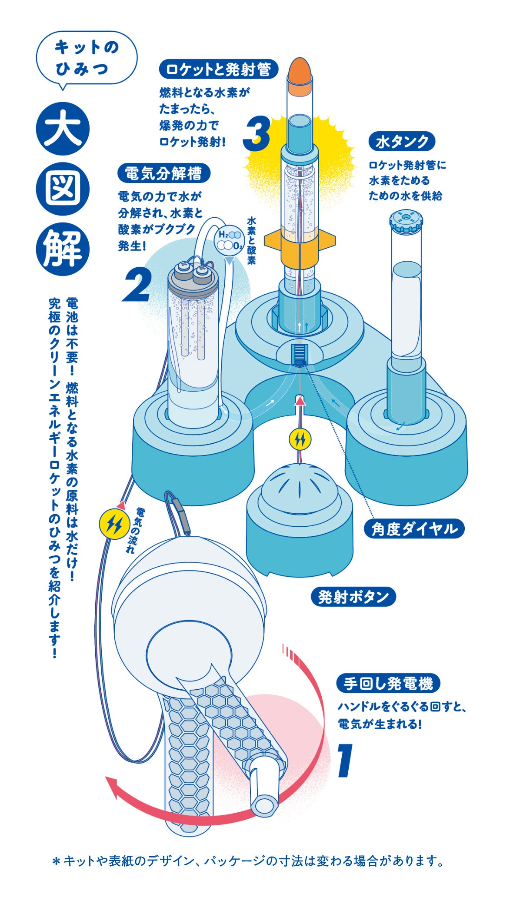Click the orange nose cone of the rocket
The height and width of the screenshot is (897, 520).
click(x=300, y=71)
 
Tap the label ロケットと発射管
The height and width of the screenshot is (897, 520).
click(x=219, y=69)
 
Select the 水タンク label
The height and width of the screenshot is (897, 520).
click(x=402, y=142)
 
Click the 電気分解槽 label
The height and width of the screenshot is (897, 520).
click(x=163, y=173)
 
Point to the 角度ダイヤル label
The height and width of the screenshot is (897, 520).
click(x=414, y=529)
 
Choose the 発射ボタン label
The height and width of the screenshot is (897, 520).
click(x=353, y=597)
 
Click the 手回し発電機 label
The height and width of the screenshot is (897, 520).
click(x=388, y=684)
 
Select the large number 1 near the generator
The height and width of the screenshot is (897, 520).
click(x=345, y=760)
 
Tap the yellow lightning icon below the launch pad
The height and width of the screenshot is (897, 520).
click(x=300, y=439)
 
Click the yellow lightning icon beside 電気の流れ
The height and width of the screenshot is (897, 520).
click(x=114, y=525)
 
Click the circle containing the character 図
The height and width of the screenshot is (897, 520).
click(x=63, y=190)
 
